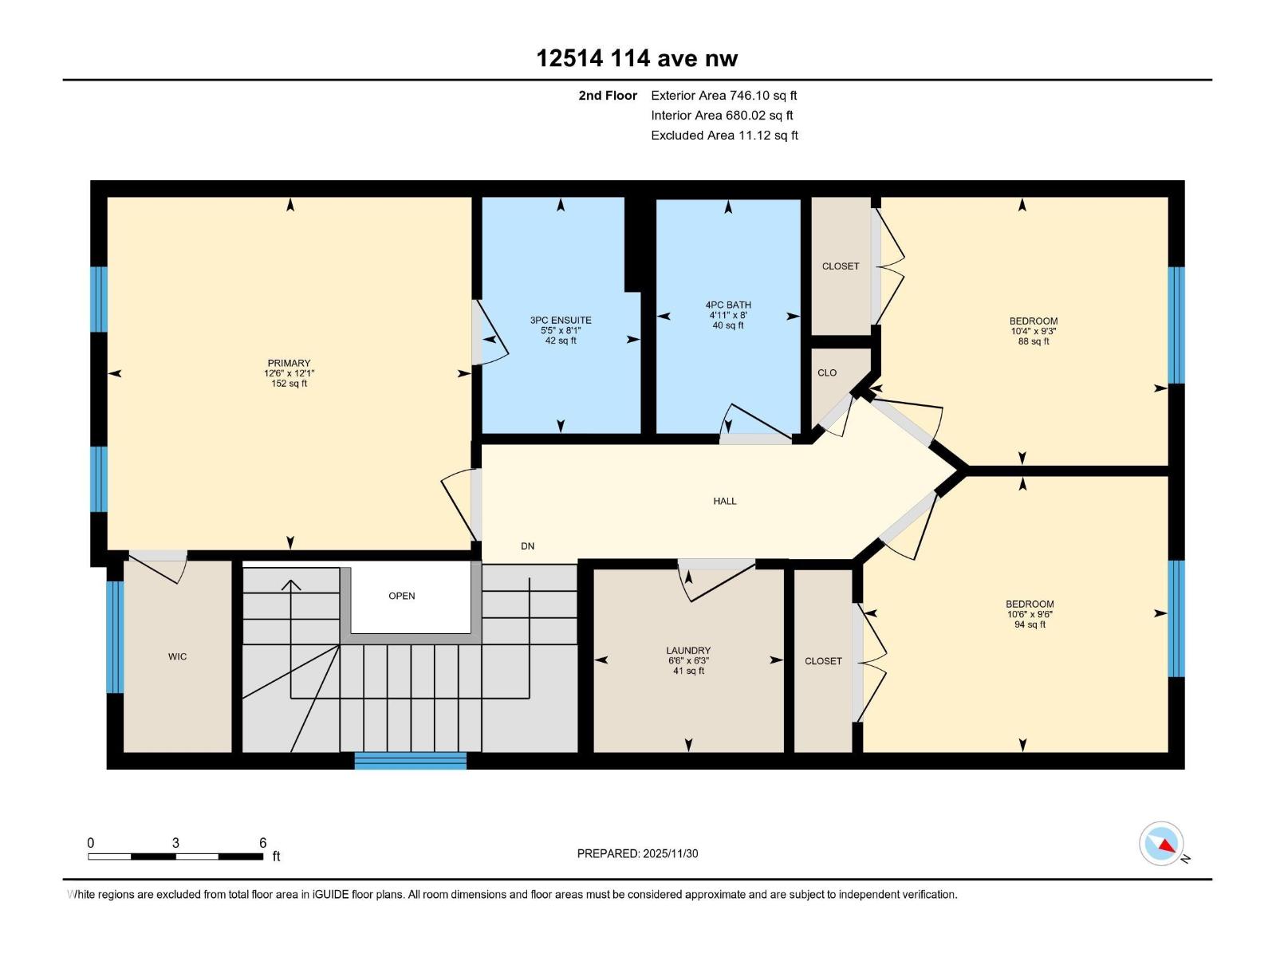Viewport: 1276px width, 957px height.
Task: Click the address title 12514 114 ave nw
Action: (x=636, y=58)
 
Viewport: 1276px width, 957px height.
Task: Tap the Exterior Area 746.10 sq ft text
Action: (x=723, y=96)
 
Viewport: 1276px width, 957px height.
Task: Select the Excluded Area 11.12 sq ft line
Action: (x=724, y=136)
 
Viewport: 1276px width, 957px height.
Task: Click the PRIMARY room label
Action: (x=289, y=364)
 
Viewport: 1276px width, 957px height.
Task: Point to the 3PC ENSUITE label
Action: (x=561, y=321)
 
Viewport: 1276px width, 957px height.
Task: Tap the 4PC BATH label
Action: (x=728, y=305)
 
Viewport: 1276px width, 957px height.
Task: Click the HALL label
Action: (x=725, y=502)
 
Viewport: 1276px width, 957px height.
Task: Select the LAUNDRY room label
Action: (x=688, y=651)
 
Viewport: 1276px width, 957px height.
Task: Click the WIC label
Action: (x=177, y=657)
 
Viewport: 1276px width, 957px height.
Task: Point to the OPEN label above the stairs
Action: (x=402, y=597)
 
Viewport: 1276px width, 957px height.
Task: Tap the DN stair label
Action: (x=527, y=546)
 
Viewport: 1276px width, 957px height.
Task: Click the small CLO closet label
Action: (x=827, y=373)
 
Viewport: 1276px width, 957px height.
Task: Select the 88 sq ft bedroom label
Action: (x=1034, y=341)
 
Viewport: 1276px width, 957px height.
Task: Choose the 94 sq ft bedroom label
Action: (x=1030, y=624)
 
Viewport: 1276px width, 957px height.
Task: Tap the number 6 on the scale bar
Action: (x=262, y=843)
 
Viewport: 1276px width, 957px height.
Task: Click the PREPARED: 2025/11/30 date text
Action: (x=637, y=853)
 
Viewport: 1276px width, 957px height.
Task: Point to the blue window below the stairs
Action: (x=410, y=760)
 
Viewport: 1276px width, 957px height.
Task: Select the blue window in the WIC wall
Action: (x=116, y=636)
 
